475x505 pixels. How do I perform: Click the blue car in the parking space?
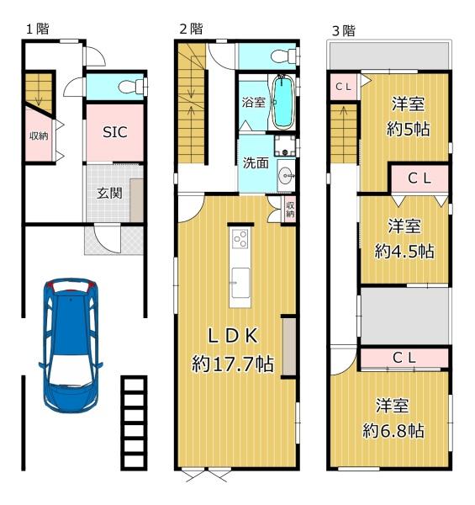pos(71,345)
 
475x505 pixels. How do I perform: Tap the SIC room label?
pos(115,132)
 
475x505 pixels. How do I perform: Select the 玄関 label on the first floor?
pos(109,194)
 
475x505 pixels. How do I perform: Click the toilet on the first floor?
pos(131,87)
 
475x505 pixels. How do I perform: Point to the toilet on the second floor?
pos(284,56)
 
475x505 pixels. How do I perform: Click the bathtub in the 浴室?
pos(283,102)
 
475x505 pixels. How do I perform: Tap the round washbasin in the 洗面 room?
pos(285,176)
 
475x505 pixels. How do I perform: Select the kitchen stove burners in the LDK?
pos(240,239)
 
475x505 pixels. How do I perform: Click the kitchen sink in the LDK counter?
pos(240,283)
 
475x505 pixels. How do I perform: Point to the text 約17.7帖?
pos(233,364)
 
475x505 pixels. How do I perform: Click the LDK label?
pos(233,336)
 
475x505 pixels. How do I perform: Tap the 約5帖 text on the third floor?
pos(408,130)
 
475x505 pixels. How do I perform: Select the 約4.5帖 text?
pos(404,251)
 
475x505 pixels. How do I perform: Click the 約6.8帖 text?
pos(393,431)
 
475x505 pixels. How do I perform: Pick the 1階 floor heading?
pos(38,29)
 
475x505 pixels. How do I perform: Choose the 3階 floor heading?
pos(344,31)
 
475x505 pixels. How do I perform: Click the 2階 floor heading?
pos(192,29)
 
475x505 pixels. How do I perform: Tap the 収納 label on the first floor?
pos(39,136)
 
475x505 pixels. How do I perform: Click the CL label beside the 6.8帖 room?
pos(404,358)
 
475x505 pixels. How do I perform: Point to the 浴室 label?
pos(254,103)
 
